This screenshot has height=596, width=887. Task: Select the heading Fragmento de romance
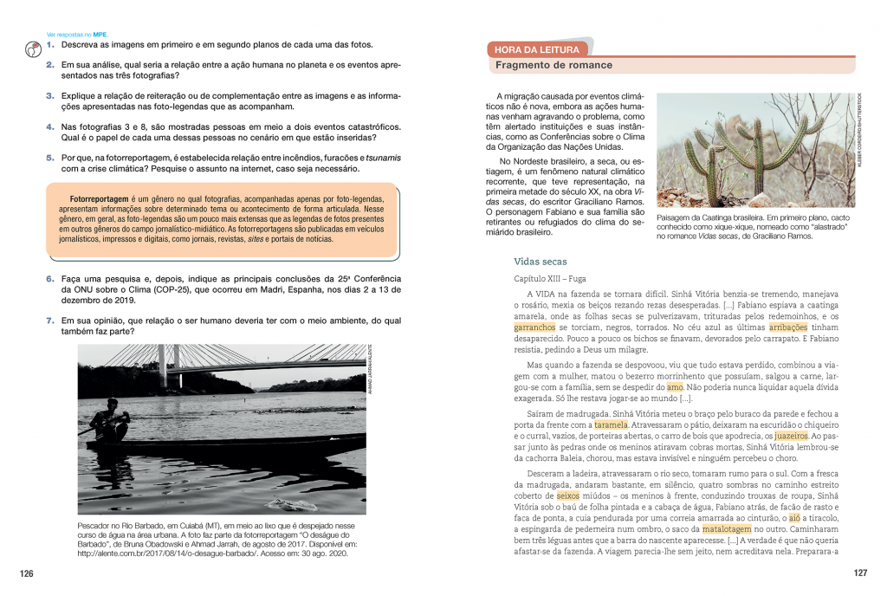point(554,66)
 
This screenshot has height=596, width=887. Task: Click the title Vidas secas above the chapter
point(540,261)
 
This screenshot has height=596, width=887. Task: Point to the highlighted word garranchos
point(535,328)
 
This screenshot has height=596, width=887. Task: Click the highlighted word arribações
point(787,328)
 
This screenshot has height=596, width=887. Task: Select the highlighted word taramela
point(611,425)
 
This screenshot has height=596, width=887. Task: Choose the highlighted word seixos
point(567,496)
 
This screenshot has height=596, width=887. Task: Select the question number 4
point(50,126)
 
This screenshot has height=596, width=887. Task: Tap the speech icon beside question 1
point(31,48)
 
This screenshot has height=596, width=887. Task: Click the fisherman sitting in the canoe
point(112,425)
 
